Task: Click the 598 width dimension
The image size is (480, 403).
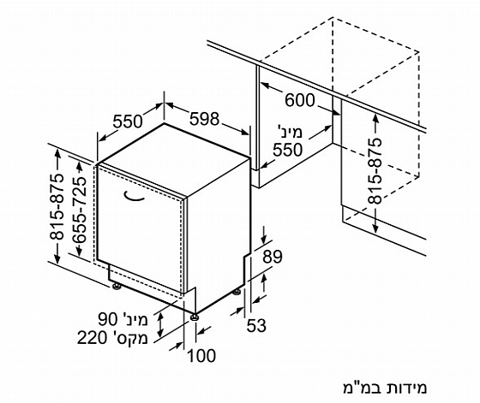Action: point(204,119)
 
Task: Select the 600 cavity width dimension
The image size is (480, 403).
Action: point(300,100)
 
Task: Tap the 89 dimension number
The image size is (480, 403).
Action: point(273,257)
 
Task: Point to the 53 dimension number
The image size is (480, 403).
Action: point(256,325)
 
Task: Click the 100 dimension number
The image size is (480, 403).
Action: point(201,356)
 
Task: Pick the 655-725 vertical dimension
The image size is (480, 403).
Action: point(81,210)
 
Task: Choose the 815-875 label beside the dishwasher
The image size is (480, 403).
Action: point(57,207)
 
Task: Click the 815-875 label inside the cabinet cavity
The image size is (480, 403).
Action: point(375,171)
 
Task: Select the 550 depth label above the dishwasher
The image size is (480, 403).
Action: point(128,121)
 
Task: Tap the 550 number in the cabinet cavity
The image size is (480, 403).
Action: point(287,150)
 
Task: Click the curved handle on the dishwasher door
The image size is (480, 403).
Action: point(134,197)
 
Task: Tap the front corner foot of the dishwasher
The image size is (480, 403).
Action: point(194,317)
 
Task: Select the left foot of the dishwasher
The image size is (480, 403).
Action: point(117,287)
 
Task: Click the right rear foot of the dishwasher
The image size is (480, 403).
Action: point(237,292)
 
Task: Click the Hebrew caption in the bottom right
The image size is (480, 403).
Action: point(385,388)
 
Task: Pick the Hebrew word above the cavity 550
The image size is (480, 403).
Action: point(290,132)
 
